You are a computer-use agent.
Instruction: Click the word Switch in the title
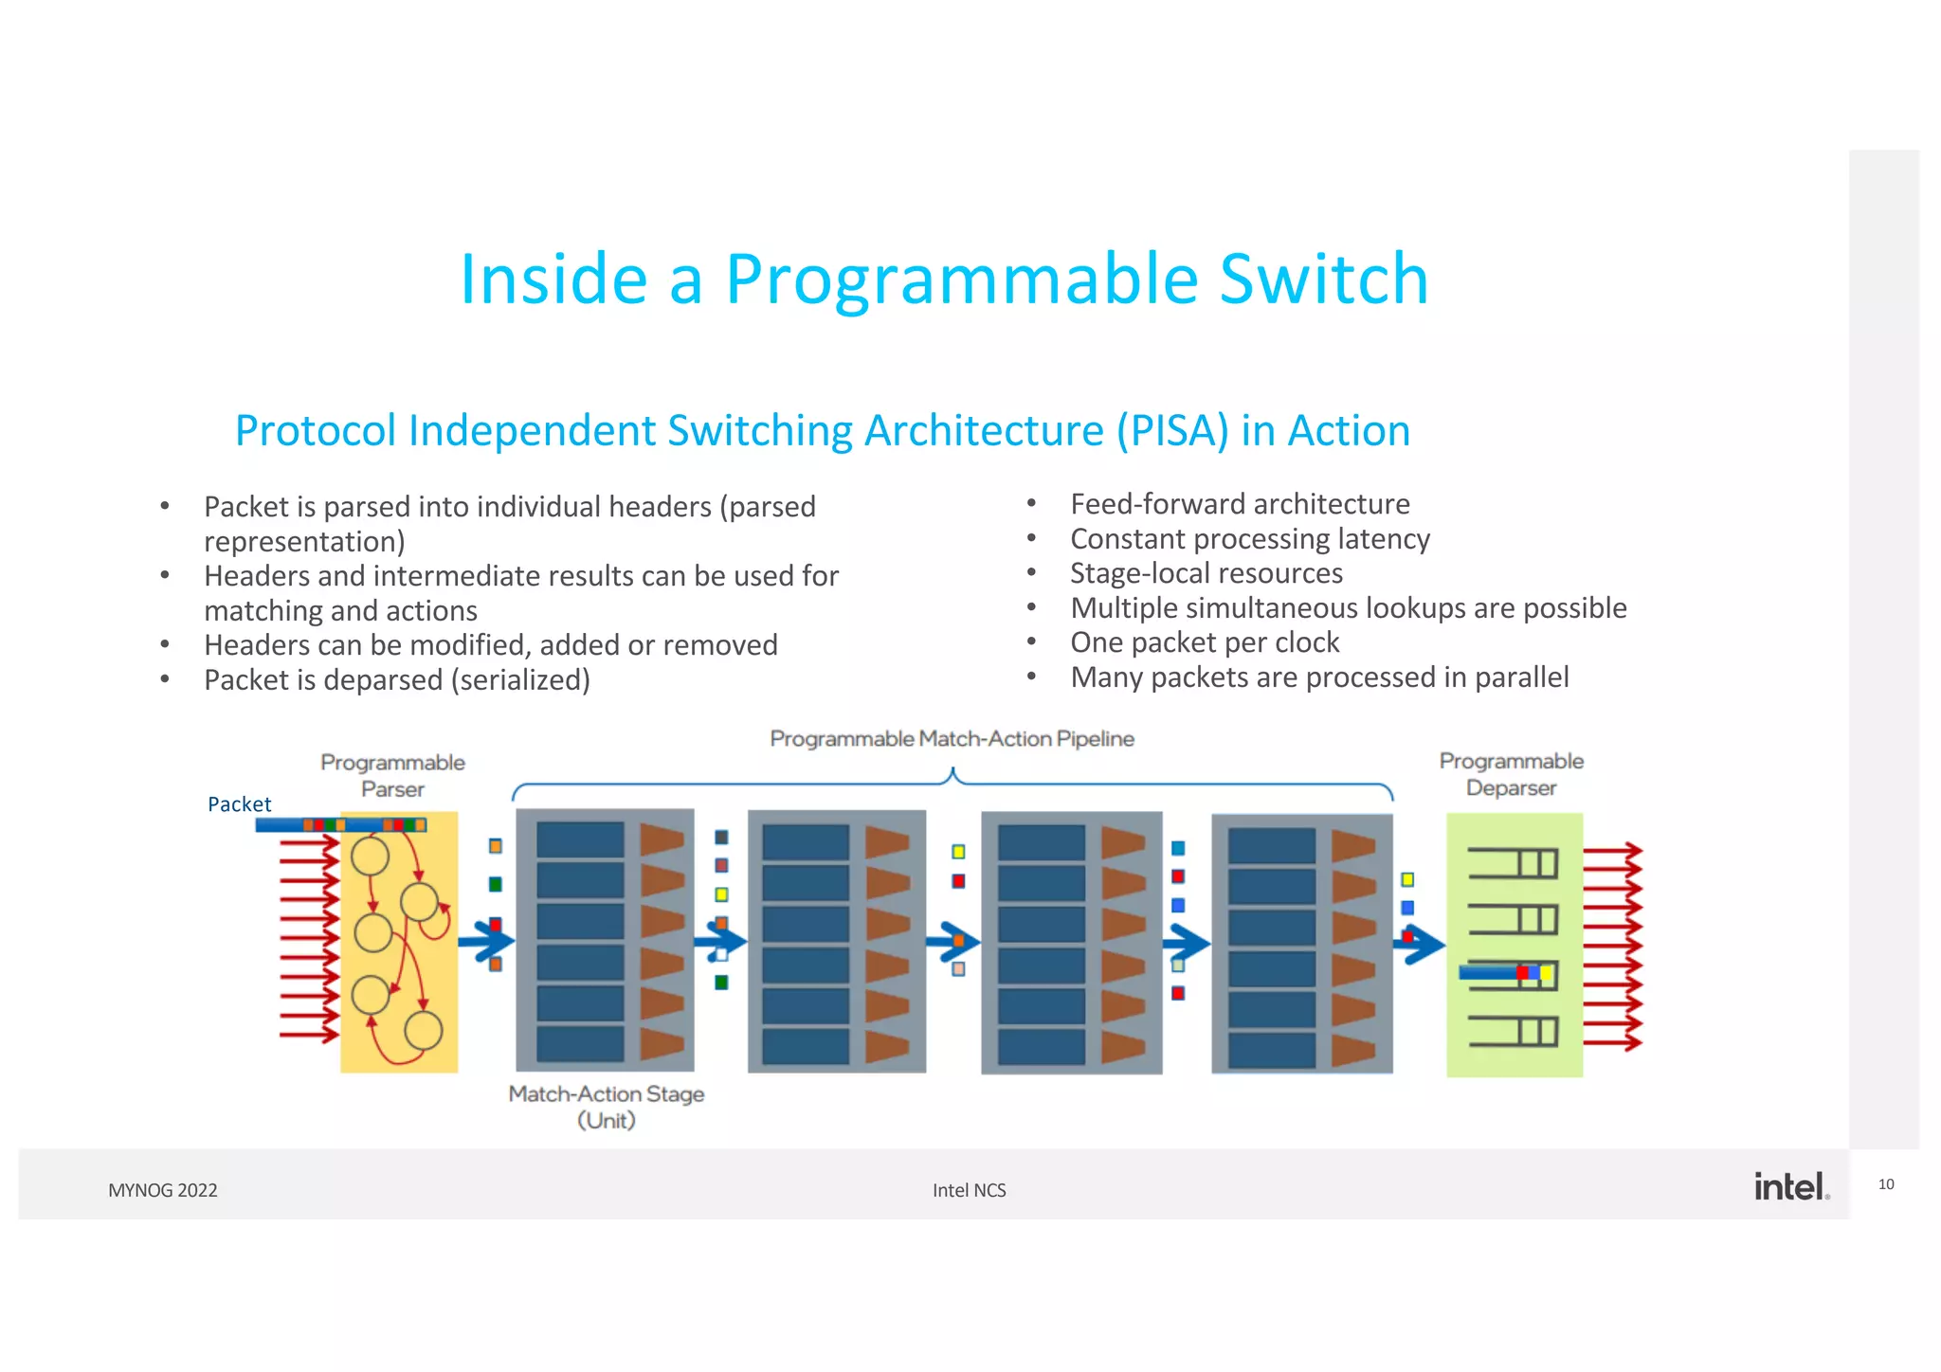[x=1323, y=279]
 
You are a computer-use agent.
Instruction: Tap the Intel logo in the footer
[x=1789, y=1186]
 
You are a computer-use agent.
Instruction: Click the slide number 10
[x=1886, y=1184]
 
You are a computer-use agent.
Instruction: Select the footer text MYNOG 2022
[x=163, y=1190]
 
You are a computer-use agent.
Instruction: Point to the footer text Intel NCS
[x=969, y=1190]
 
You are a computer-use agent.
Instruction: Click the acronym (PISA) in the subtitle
[x=1171, y=431]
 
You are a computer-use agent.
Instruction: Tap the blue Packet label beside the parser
[x=239, y=804]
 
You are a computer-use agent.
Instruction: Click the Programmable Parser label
[x=392, y=775]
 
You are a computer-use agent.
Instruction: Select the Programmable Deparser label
[x=1511, y=774]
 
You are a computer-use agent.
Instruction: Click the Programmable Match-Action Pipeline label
[x=952, y=738]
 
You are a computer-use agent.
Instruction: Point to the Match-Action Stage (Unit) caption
[x=607, y=1106]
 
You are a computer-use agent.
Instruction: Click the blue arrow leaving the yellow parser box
[x=486, y=942]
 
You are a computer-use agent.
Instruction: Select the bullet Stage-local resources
[x=1206, y=573]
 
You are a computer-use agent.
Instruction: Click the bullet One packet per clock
[x=1205, y=642]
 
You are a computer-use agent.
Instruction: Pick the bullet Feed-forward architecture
[x=1240, y=504]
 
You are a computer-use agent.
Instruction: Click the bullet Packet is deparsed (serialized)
[x=397, y=680]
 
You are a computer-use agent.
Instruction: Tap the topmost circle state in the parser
[x=370, y=857]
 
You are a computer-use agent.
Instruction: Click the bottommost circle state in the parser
[x=423, y=1030]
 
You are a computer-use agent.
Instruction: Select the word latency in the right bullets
[x=1383, y=539]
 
